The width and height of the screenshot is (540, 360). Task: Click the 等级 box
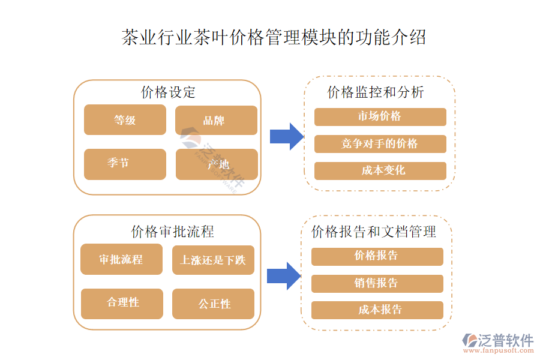pos(125,120)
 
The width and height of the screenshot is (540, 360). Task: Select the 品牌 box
pos(216,120)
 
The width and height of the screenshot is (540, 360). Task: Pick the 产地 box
pos(216,164)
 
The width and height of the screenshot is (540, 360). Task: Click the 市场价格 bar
pos(380,116)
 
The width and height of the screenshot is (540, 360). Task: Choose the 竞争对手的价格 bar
pos(380,144)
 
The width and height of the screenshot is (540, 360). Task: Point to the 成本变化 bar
pos(380,170)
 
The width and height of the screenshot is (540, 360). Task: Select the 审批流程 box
pos(121,259)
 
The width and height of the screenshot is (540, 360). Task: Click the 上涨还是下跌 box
pos(213,259)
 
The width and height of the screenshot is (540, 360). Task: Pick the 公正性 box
pos(213,304)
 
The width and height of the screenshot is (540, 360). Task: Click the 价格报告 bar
pos(377,256)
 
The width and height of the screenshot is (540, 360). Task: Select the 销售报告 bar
pos(377,283)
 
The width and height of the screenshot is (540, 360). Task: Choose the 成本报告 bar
pos(377,310)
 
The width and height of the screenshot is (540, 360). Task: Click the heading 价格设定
pos(168,92)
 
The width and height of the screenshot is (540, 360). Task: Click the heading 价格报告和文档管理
pos(374,232)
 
